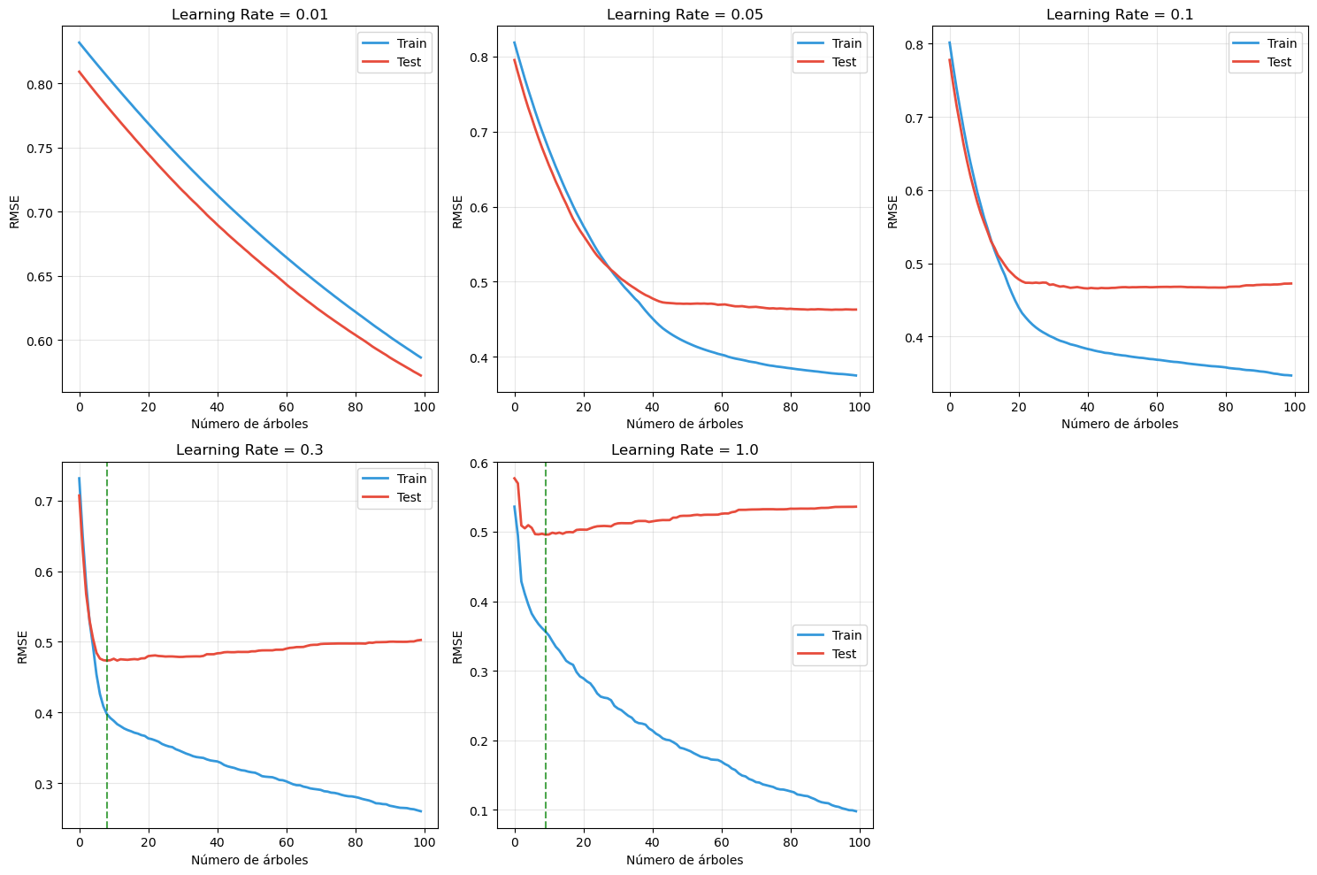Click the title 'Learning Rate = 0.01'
click(x=249, y=14)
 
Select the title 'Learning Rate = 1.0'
click(x=685, y=450)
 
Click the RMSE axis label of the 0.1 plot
click(x=893, y=211)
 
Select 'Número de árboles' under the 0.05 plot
click(x=685, y=424)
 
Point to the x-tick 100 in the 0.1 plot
click(x=1295, y=407)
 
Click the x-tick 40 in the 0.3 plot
click(x=218, y=843)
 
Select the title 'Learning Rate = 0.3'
click(x=249, y=450)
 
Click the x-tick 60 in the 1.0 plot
click(x=722, y=843)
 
